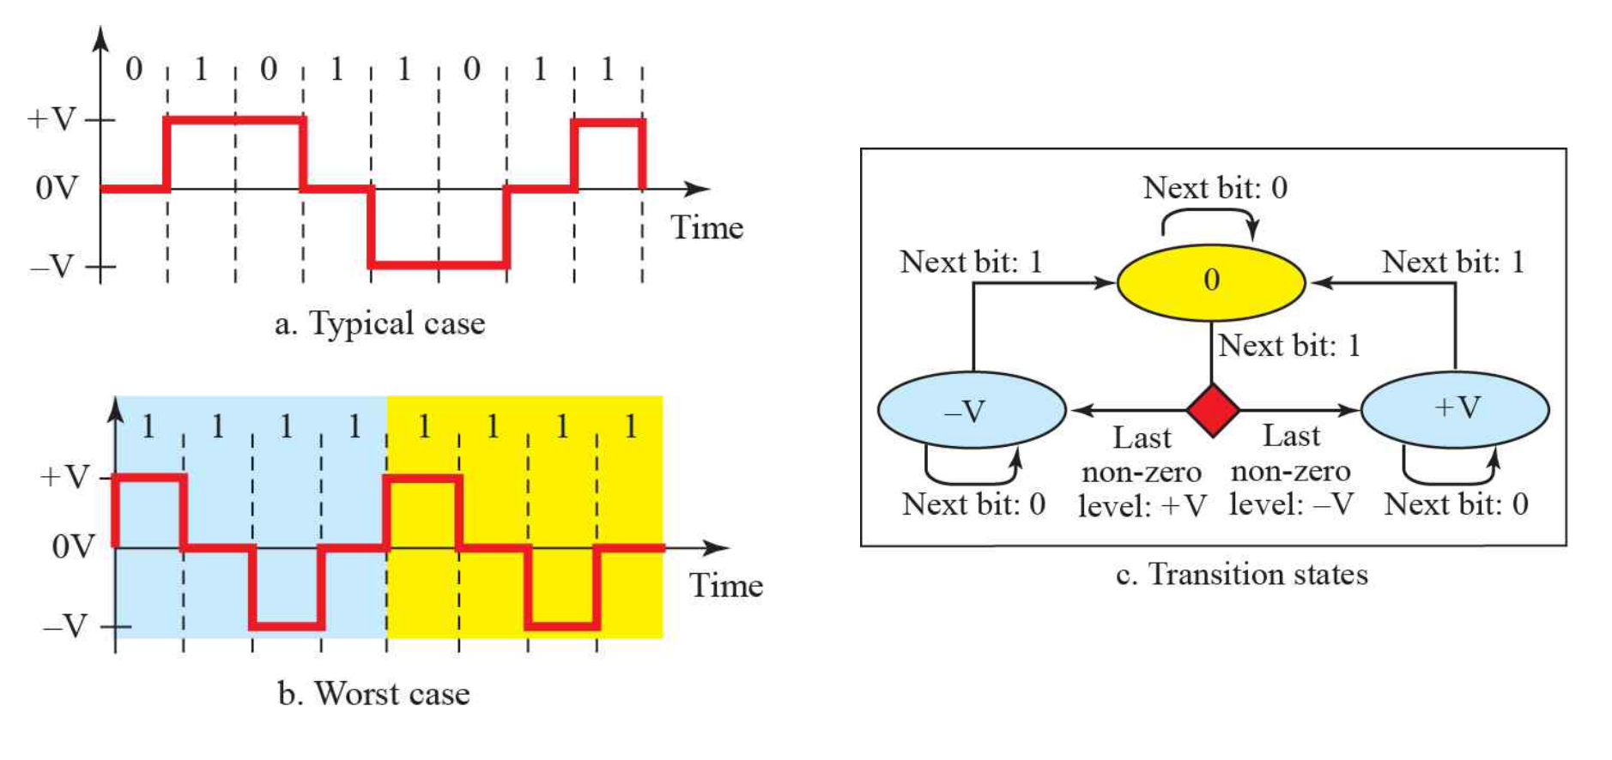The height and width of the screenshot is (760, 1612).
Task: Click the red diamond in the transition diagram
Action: click(x=1212, y=411)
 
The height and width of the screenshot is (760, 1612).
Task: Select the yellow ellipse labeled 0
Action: click(x=1211, y=281)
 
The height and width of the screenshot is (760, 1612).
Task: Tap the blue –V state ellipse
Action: click(x=972, y=410)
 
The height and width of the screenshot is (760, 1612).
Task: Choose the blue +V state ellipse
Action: click(x=1456, y=409)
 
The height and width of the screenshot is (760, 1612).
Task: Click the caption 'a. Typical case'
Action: click(x=379, y=323)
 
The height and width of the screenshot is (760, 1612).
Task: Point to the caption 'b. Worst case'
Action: click(x=373, y=693)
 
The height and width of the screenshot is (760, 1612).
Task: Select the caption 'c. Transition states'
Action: click(x=1241, y=574)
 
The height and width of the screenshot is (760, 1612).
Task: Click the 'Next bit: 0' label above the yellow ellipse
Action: click(x=1215, y=187)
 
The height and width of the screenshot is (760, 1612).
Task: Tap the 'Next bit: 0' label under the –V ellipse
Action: click(x=973, y=504)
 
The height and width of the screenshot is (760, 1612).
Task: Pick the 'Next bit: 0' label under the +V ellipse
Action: click(x=1456, y=504)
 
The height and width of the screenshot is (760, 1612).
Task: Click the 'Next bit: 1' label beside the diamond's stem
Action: click(x=1289, y=346)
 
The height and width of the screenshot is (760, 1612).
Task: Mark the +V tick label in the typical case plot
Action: click(x=52, y=118)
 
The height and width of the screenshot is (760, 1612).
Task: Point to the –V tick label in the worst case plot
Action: click(x=65, y=626)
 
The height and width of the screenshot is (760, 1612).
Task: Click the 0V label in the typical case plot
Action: click(x=57, y=187)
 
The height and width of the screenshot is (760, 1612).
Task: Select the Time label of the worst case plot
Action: click(x=725, y=586)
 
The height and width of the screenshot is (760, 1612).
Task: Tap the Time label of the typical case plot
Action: click(x=706, y=227)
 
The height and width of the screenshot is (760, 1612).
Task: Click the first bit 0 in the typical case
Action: click(x=134, y=69)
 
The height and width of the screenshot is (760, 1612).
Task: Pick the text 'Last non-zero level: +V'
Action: click(x=1142, y=472)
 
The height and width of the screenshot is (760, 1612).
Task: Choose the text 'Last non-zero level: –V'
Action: click(x=1291, y=470)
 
